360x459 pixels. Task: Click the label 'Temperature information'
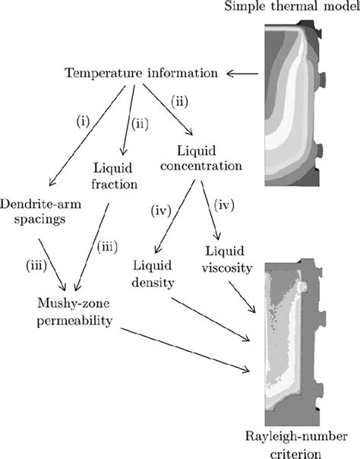(x=142, y=74)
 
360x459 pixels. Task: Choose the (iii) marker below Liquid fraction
(x=106, y=246)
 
